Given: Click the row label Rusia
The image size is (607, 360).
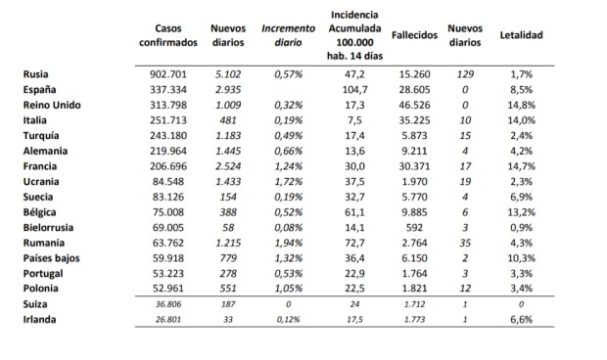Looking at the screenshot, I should click(x=35, y=72).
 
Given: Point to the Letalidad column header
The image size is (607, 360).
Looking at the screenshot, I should click(x=521, y=35).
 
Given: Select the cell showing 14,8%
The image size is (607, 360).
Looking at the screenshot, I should click(x=521, y=104).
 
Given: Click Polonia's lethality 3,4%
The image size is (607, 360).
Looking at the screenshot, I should click(x=521, y=289).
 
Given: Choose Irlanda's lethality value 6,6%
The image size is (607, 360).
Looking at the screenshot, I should click(x=521, y=320).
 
